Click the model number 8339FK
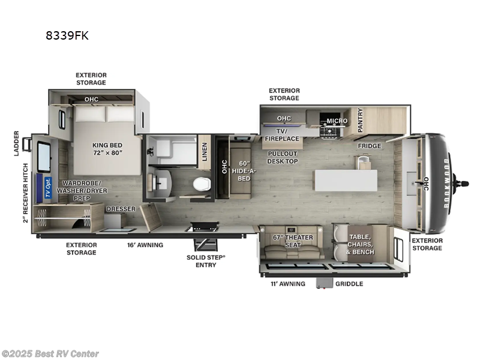[67, 35]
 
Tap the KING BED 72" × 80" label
[107, 149]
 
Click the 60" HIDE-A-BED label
[243, 170]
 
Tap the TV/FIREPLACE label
[282, 134]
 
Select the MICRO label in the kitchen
[337, 121]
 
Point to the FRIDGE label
[370, 146]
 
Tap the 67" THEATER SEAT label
[293, 241]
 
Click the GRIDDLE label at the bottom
[349, 284]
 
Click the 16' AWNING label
[145, 245]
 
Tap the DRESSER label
[121, 209]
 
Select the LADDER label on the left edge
[17, 143]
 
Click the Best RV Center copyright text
[50, 354]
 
